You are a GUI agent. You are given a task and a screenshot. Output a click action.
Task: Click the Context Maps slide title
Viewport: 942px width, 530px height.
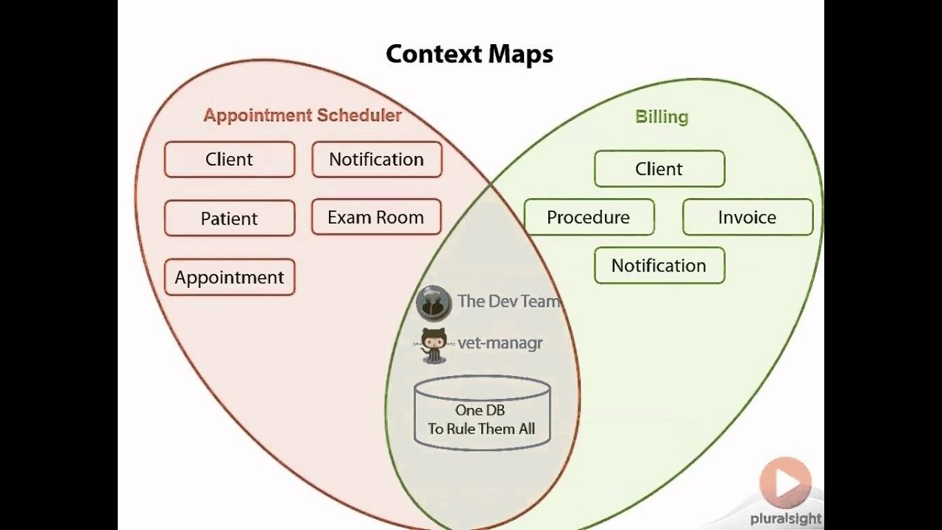coord(469,54)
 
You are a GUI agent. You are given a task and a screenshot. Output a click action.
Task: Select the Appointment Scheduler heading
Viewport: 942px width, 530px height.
coord(302,116)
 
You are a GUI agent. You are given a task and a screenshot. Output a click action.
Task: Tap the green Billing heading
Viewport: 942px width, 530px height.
coord(662,117)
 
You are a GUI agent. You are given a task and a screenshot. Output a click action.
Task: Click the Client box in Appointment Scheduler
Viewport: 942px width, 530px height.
coord(230,160)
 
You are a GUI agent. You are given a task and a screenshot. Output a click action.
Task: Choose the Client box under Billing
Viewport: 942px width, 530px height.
coord(659,169)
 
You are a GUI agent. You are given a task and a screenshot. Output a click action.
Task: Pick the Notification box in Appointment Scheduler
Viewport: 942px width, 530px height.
coord(376,160)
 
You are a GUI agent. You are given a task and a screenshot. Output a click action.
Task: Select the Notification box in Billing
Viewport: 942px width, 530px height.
coord(659,266)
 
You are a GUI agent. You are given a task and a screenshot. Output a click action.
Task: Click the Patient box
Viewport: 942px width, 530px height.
coord(230,219)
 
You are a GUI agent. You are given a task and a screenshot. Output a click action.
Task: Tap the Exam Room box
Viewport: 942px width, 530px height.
coord(376,217)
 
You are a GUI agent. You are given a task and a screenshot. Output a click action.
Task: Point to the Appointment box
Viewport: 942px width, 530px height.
coord(230,278)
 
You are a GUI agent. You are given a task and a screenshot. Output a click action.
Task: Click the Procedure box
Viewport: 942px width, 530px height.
coord(589,217)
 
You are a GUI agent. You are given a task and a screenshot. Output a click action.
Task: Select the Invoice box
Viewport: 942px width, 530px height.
coord(748,217)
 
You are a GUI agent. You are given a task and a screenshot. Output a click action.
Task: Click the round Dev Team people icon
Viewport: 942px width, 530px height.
coord(433,303)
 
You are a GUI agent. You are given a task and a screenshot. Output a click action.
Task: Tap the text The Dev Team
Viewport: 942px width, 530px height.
coord(508,301)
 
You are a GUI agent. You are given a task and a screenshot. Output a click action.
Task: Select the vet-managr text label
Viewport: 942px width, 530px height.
coord(500,343)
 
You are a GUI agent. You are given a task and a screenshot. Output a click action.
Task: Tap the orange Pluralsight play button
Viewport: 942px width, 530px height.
coord(786,483)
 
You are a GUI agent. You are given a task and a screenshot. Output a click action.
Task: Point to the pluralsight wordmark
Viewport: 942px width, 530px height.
coord(786,519)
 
